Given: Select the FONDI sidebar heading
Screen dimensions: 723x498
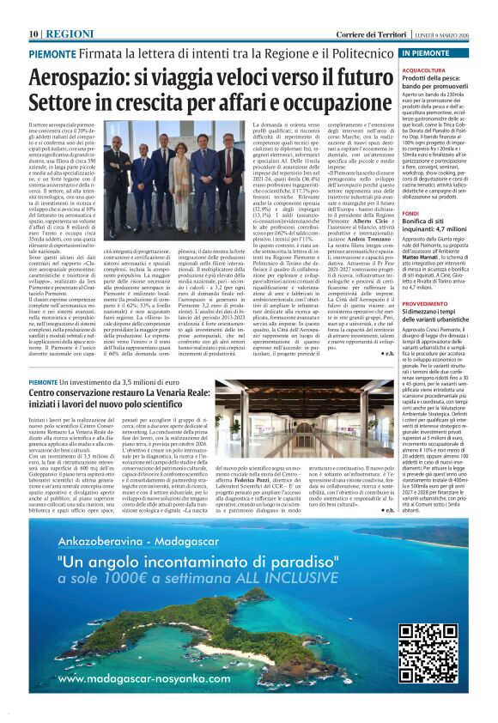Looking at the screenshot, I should (x=411, y=212).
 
